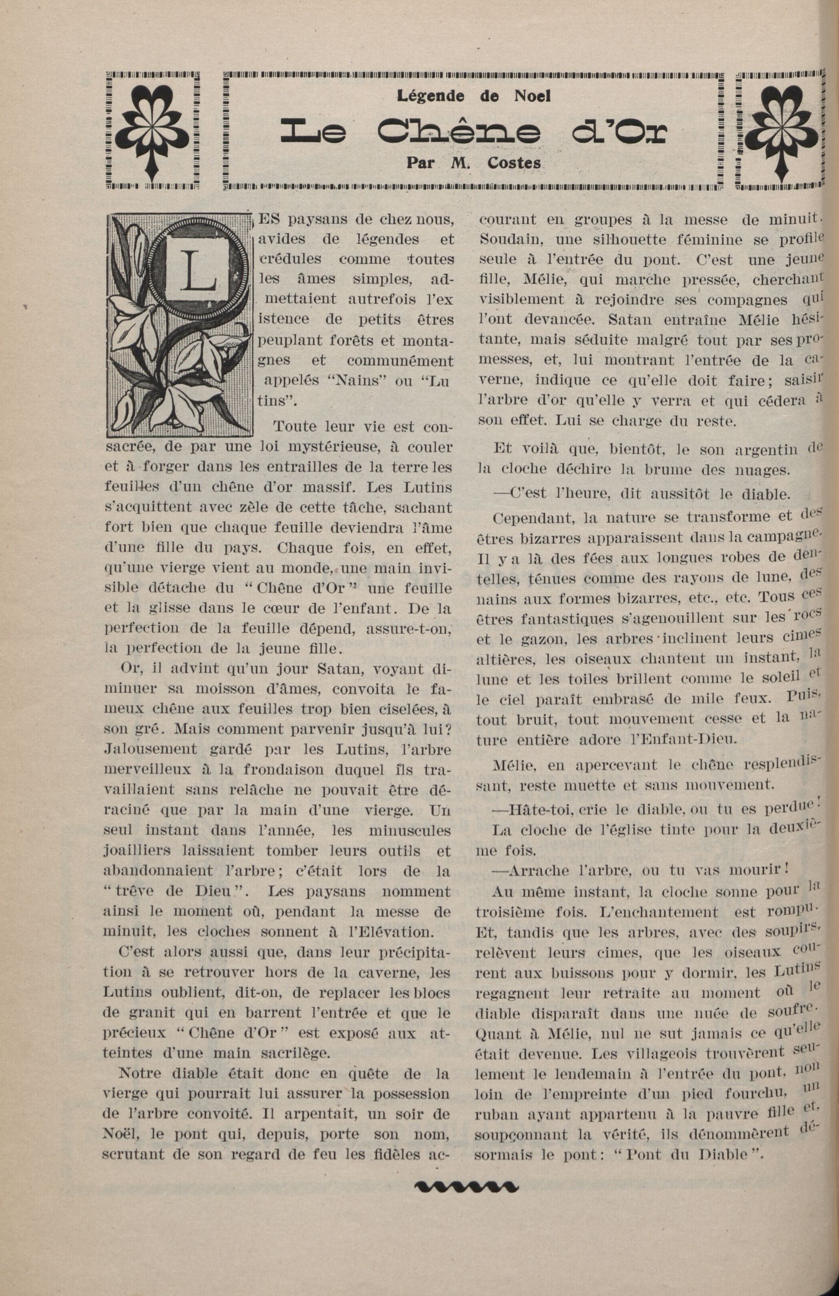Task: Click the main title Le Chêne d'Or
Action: tap(473, 131)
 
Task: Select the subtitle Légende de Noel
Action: tap(473, 97)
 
